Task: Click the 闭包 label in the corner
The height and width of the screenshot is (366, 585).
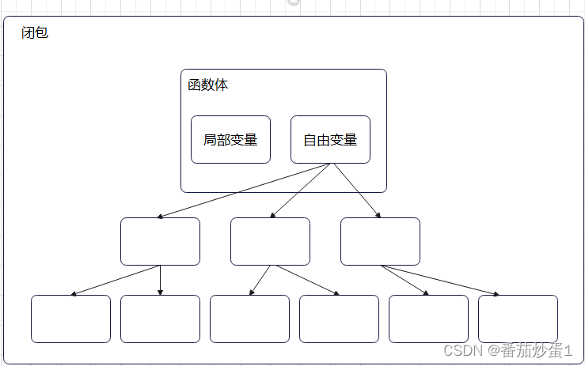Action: pyautogui.click(x=35, y=34)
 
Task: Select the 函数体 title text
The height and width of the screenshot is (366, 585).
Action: pyautogui.click(x=207, y=85)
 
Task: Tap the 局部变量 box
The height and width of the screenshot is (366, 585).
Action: pyautogui.click(x=230, y=140)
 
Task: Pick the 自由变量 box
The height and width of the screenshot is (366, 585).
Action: pyautogui.click(x=330, y=140)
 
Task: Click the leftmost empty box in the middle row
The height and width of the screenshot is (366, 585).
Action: pyautogui.click(x=160, y=241)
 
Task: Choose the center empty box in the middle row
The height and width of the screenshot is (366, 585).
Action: pyautogui.click(x=270, y=241)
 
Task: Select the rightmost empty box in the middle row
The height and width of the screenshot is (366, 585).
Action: pyautogui.click(x=380, y=241)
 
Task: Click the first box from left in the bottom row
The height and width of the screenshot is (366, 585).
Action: pyautogui.click(x=70, y=319)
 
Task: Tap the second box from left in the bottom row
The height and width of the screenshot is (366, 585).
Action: pyautogui.click(x=160, y=319)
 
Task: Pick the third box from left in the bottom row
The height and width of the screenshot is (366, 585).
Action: pyautogui.click(x=249, y=319)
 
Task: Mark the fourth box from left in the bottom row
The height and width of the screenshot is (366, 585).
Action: pyautogui.click(x=339, y=319)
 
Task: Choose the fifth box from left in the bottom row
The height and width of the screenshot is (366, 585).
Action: pyautogui.click(x=428, y=319)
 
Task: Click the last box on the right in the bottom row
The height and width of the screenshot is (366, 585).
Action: pyautogui.click(x=518, y=319)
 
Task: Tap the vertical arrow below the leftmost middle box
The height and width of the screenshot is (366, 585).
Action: pyautogui.click(x=160, y=280)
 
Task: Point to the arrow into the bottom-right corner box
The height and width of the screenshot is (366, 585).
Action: pyautogui.click(x=440, y=281)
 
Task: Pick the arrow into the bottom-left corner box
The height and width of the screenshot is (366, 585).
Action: pyautogui.click(x=115, y=281)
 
